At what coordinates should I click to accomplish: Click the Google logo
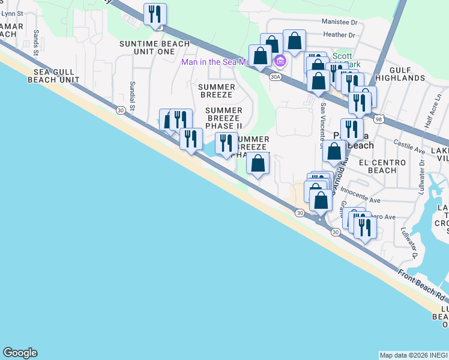20,353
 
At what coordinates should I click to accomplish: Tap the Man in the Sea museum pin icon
280,61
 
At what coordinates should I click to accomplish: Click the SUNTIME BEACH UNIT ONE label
154,47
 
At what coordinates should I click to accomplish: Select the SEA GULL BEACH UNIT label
53,76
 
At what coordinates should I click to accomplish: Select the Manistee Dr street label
339,21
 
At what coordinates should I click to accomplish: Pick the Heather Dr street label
339,35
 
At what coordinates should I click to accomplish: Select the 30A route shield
276,77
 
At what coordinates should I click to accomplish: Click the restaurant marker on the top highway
155,13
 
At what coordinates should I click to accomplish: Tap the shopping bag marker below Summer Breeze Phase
258,164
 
